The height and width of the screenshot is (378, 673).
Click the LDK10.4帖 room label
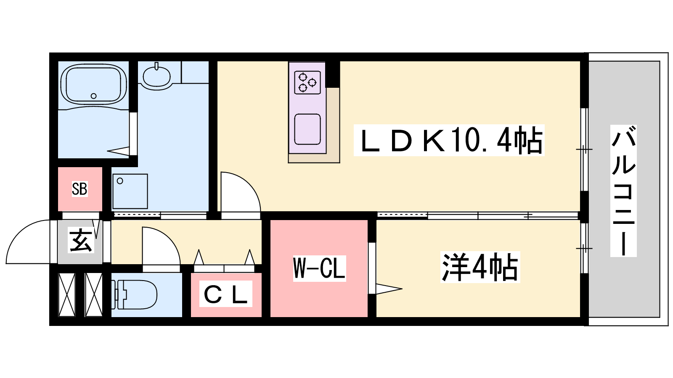click(x=449, y=141)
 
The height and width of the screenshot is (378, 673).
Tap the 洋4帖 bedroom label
click(x=480, y=267)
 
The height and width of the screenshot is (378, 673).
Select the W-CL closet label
click(x=319, y=268)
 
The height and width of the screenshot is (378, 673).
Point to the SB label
click(x=79, y=189)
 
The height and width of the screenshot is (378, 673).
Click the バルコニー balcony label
click(x=623, y=191)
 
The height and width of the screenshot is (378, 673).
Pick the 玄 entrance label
click(x=80, y=241)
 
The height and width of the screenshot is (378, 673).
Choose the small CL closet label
click(x=225, y=294)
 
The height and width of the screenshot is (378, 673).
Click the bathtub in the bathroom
click(x=93, y=84)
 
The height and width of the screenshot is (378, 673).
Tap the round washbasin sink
click(x=156, y=76)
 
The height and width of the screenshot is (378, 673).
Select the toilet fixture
click(x=137, y=294)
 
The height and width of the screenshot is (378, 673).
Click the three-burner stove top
click(x=307, y=82)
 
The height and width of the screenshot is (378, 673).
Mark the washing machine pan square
click(x=130, y=191)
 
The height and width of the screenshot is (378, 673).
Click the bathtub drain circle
click(x=94, y=96)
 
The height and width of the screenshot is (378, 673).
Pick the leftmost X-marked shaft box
click(x=67, y=294)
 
